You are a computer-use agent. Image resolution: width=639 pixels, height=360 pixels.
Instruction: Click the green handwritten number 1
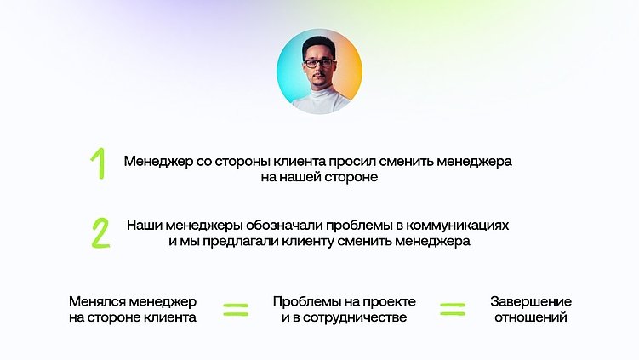point(99,164)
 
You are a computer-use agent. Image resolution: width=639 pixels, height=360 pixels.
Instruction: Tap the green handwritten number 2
point(100,232)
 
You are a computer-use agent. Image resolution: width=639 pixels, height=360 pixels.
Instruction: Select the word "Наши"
point(144,226)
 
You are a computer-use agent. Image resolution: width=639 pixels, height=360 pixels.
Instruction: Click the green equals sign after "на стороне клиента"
point(236,310)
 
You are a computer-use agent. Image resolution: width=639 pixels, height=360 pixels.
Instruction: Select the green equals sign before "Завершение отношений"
point(453,310)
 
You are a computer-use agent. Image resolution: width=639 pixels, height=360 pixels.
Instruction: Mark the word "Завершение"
point(530,302)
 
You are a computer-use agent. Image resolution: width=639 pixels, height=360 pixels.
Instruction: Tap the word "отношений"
point(530,318)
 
